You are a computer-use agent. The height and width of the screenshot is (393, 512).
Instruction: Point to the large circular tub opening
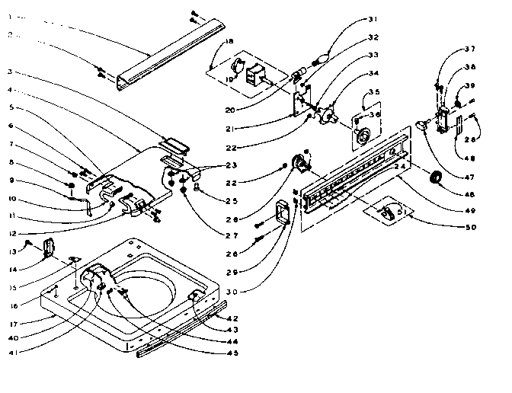pyautogui.click(x=152, y=289)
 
